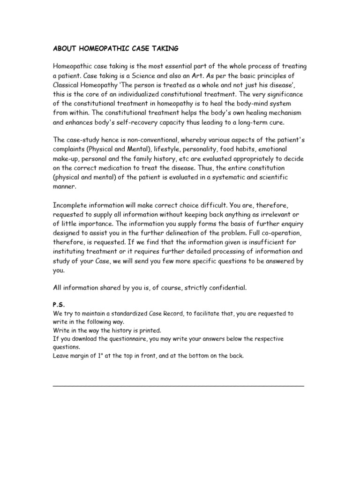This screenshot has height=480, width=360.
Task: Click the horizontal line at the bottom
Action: (x=179, y=385)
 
